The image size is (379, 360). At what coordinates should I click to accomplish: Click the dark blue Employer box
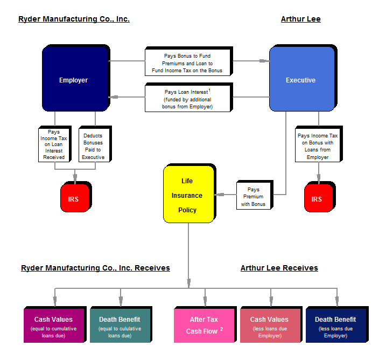pos(74,80)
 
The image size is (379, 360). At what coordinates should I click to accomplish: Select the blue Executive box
pos(300,80)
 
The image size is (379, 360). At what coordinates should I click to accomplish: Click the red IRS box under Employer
pos(74,199)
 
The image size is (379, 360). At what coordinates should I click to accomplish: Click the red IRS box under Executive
pos(317,199)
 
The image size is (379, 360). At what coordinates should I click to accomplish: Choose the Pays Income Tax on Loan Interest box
pos(54,144)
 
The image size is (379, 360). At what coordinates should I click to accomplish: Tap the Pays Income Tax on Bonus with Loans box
pos(318,146)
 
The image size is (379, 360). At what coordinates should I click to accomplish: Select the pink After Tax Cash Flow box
pos(205,325)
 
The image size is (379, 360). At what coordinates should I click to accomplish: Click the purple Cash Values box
pos(53,325)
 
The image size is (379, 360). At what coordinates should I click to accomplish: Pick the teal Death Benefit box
pos(120,325)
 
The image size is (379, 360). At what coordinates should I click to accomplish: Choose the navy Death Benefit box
pos(335,325)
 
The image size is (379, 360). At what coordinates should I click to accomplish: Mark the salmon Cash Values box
pos(270,325)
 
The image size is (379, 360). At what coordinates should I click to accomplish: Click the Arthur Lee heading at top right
pos(300,19)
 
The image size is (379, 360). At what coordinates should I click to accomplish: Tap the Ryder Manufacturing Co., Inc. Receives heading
pos(95,268)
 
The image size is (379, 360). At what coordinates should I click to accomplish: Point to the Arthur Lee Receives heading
pos(279,268)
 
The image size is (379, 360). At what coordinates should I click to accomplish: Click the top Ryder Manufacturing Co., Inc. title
pos(74,19)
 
